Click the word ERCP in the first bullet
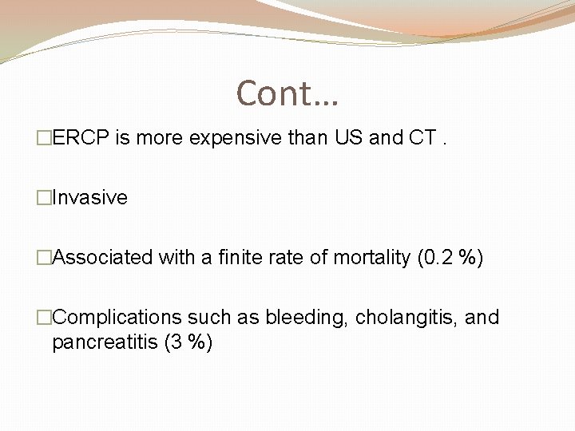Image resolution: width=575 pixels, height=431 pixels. (x=81, y=138)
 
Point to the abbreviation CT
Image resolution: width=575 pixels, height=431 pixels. (x=422, y=138)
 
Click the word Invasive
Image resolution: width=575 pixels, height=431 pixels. (x=89, y=198)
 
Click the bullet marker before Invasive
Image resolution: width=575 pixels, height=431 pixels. (x=44, y=198)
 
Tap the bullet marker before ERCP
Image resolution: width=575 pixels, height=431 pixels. (x=44, y=138)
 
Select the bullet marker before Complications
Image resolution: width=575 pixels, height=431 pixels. (x=44, y=318)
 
